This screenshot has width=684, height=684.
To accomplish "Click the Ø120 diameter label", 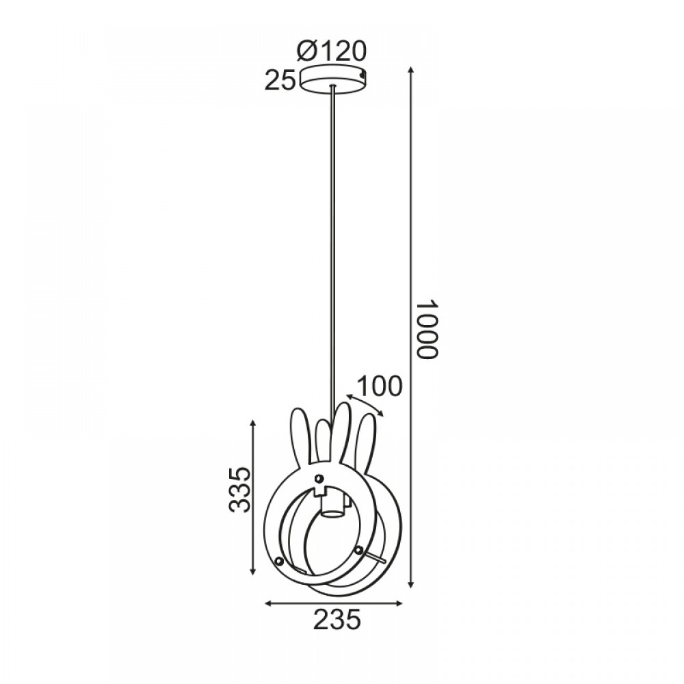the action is coord(331,51).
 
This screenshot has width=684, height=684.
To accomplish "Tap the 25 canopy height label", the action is coord(280,81).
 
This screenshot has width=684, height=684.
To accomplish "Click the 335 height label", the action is coord(239,489).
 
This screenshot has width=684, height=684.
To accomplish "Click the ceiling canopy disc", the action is coord(333,79).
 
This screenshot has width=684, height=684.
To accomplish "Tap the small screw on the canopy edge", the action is coord(362,75).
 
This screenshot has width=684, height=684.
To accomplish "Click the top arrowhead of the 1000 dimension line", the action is coord(410,70).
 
